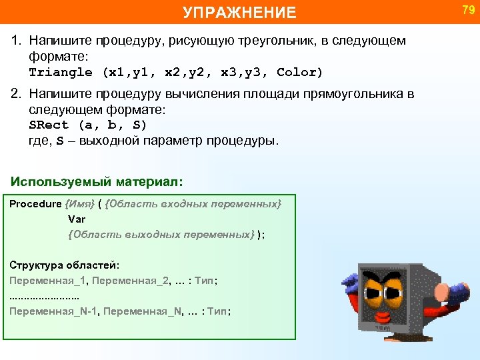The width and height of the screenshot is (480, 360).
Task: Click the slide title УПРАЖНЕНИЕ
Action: pos(239,12)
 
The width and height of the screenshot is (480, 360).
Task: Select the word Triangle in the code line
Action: pos(61,72)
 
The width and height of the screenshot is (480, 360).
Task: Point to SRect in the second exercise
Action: pos(49,125)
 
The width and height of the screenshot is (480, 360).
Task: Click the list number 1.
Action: pos(16,41)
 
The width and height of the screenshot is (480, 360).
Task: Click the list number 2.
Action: pos(16,94)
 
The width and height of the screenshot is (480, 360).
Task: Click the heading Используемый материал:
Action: pos(97,181)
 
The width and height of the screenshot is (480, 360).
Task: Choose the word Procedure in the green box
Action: pos(35,204)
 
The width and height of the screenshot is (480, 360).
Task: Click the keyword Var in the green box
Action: pos(76,219)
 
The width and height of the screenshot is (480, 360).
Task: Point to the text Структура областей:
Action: pos(65,265)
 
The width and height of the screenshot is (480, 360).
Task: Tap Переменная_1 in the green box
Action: pos(48,281)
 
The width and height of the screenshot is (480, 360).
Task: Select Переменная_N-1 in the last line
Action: pos(54,311)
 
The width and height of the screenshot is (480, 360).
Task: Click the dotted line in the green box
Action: pos(44,296)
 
